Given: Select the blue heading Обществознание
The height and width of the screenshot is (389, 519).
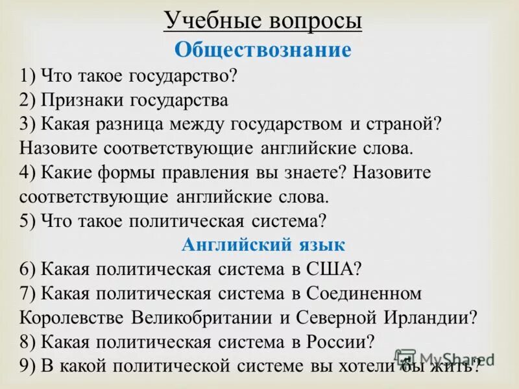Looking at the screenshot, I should (263, 50).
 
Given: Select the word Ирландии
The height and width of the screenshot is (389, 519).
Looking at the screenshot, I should (430, 318).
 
